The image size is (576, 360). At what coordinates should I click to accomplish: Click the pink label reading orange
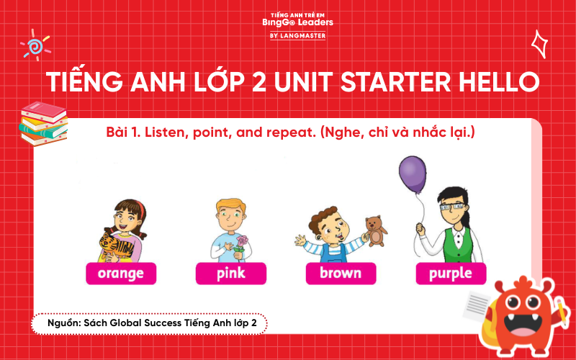pos(121,274)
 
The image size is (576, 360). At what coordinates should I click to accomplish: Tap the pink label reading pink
pos(231,274)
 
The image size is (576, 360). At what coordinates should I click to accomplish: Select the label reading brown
pos(341,274)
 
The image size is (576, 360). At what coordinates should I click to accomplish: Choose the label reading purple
pos(451,273)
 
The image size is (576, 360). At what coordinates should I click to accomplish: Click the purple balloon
pos(412,175)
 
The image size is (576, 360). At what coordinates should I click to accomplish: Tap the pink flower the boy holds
pos(243,241)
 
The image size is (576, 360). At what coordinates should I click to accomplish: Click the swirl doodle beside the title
pos(33,45)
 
